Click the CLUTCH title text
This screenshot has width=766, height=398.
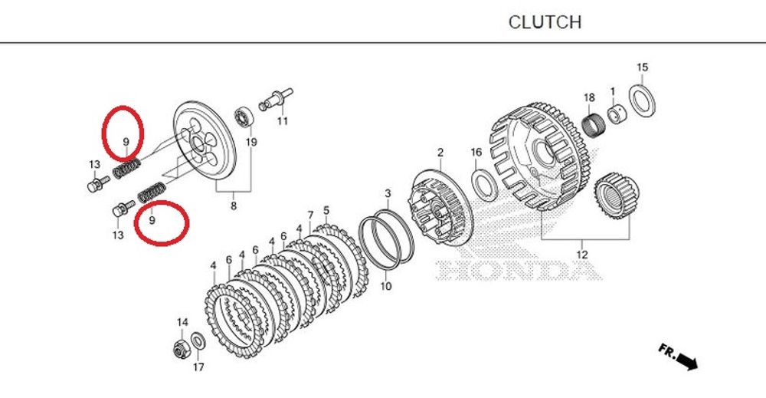[x=545, y=22]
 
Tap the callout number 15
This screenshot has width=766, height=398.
[x=642, y=67]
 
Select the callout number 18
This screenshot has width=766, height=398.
[x=589, y=97]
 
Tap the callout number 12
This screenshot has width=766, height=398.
[x=581, y=254]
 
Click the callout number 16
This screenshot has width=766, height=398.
[x=476, y=153]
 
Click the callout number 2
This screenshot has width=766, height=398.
[x=440, y=153]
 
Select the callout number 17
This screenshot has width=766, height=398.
[x=198, y=367]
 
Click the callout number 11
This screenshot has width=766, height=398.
[x=282, y=122]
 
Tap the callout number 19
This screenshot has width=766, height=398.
[x=250, y=142]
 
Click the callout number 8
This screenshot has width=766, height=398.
[x=234, y=206]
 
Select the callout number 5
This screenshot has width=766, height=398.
[x=326, y=209]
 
